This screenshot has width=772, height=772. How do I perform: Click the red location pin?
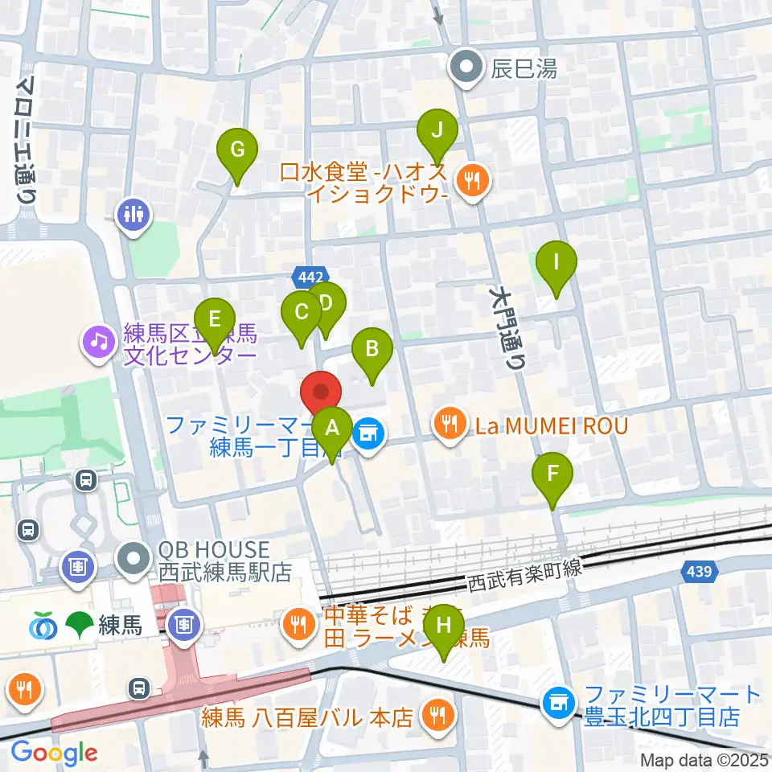(x=321, y=394)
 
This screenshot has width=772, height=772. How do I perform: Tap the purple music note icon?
(x=99, y=341)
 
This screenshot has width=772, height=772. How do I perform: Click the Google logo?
(x=54, y=753)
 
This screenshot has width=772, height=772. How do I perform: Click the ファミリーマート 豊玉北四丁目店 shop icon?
(x=559, y=702)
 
